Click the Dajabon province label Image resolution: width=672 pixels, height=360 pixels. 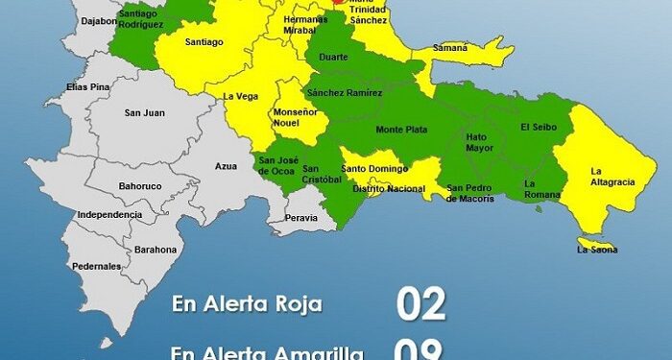[100, 19]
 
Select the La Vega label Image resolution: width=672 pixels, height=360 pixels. [239, 96]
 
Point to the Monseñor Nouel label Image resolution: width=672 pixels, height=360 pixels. [298, 117]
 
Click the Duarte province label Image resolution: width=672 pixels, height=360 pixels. [333, 57]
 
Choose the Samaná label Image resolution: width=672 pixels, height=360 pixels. [450, 47]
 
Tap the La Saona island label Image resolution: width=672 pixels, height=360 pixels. [597, 250]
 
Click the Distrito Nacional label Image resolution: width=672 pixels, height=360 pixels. [389, 188]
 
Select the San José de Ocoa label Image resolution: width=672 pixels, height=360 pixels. [278, 166]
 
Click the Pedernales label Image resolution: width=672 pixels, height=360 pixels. [97, 265]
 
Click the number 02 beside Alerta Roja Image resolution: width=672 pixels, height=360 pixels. [421, 303]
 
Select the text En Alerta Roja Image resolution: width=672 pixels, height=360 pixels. [247, 304]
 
